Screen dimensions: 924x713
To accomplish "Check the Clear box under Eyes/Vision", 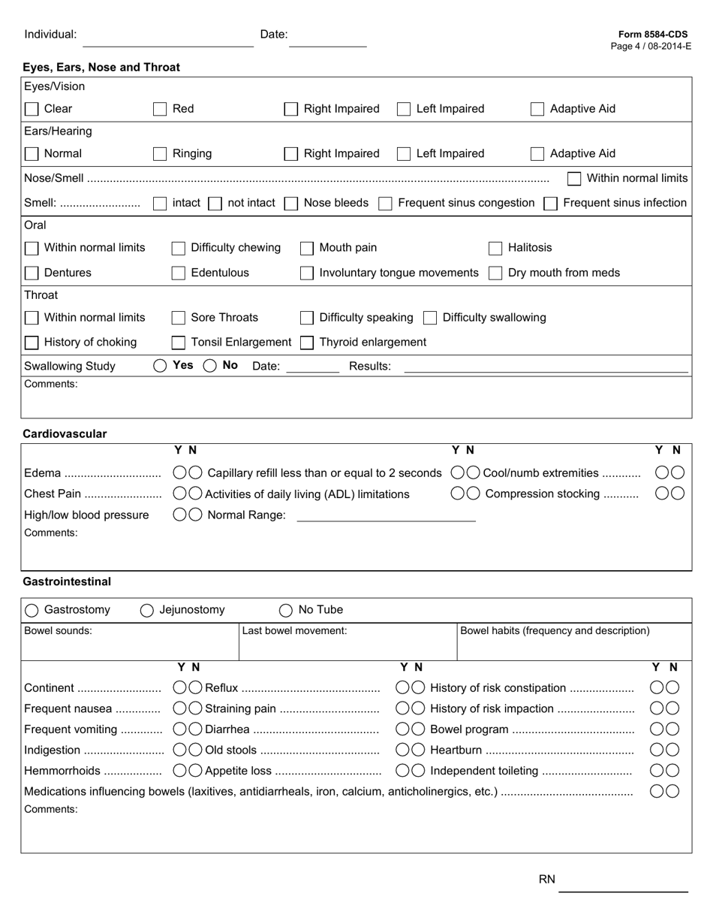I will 32,109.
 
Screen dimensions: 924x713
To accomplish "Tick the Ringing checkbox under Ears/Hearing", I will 160,154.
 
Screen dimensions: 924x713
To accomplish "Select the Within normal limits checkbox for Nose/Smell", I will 574,179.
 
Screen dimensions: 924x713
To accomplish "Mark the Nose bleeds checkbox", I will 292,204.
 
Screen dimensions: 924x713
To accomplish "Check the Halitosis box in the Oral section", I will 495,248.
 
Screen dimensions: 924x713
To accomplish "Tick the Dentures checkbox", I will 32,273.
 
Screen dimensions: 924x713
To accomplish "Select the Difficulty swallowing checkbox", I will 430,318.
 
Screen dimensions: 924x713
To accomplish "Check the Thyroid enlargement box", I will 306,343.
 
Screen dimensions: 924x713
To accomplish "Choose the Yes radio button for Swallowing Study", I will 160,366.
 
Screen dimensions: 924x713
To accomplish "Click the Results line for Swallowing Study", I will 546,368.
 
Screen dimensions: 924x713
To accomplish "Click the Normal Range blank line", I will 386,517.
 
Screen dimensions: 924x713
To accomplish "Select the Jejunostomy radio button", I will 147,611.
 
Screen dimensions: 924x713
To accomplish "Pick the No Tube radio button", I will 286,611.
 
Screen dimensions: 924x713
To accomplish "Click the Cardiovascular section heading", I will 65,433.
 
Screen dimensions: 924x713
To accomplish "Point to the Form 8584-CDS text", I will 652,35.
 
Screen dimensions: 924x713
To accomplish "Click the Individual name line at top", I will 167,42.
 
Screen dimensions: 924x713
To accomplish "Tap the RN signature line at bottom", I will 623,887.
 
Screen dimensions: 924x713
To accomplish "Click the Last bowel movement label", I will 294,631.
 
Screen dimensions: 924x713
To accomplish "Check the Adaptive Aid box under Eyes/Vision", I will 537,109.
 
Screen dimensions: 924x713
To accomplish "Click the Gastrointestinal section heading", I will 67,581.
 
